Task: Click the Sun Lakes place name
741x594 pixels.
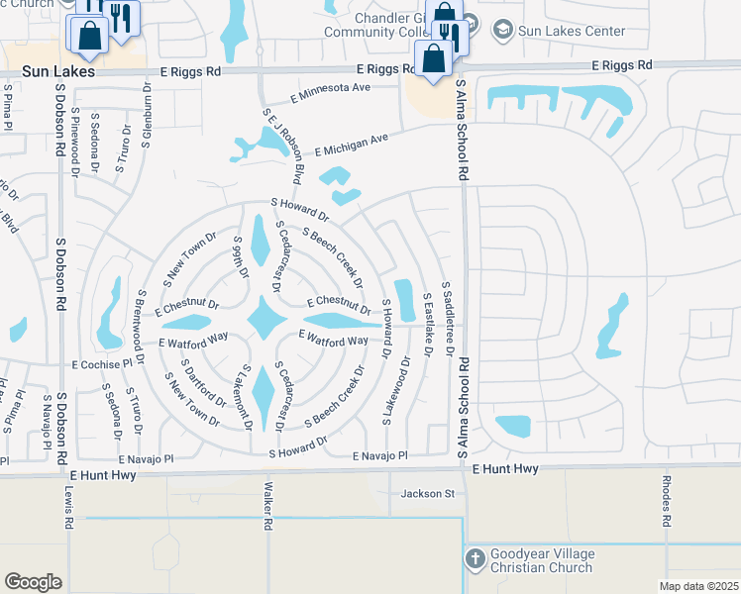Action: coord(60,72)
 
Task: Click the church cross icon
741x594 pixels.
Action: coord(475,557)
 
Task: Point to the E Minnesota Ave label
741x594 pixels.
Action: coord(330,92)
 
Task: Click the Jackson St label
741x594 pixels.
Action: coord(427,493)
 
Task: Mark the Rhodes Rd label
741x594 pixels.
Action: coord(667,506)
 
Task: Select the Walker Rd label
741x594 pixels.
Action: coord(267,506)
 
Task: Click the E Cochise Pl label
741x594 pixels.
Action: coord(101,364)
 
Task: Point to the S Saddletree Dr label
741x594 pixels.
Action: coord(448,318)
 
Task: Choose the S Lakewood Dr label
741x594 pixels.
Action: coord(406,390)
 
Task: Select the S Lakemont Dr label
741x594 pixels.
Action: coord(247,397)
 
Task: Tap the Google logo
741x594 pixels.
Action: coord(33,582)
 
